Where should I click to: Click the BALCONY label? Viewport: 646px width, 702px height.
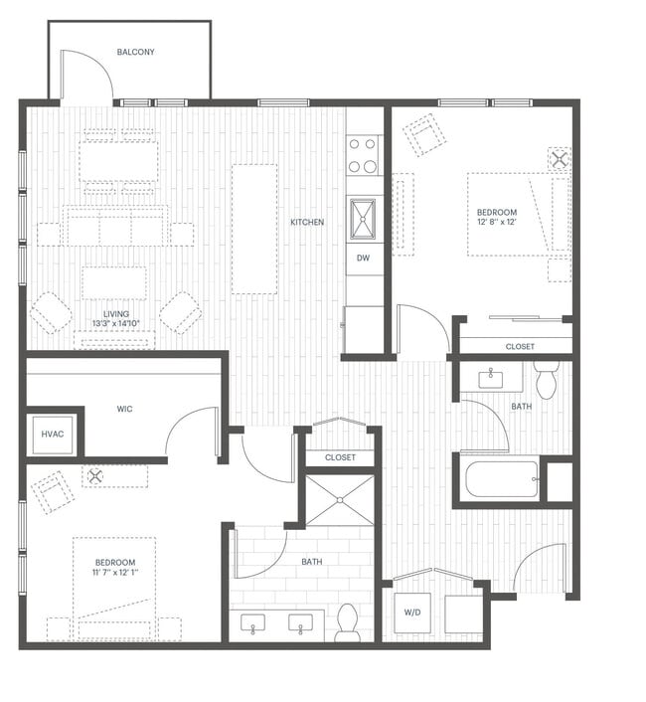[135, 52]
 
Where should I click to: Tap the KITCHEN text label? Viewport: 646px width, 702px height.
[307, 222]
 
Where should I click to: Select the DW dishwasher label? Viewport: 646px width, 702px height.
[364, 258]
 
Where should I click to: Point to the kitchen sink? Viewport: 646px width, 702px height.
[364, 218]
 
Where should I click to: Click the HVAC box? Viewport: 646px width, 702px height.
[53, 435]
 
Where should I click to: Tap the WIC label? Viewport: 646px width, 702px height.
[124, 409]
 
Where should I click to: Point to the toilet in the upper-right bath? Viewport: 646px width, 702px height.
[546, 380]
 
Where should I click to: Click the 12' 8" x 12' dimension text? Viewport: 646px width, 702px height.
[496, 224]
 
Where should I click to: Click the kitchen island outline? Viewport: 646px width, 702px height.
[254, 229]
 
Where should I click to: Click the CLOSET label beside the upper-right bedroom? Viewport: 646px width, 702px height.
[519, 347]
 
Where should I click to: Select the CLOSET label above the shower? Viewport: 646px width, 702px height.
[340, 457]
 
